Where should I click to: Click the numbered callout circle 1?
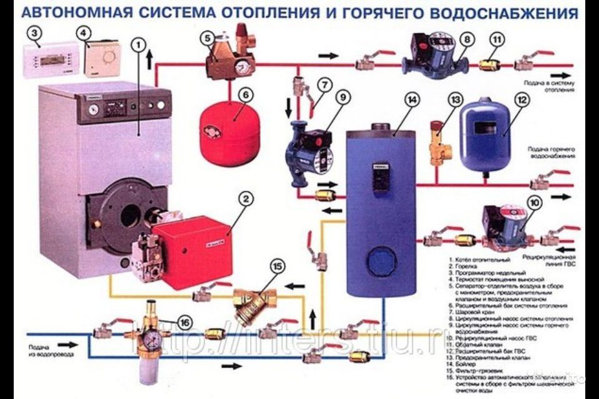[x=139, y=44]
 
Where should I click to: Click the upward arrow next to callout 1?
[x=149, y=60]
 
